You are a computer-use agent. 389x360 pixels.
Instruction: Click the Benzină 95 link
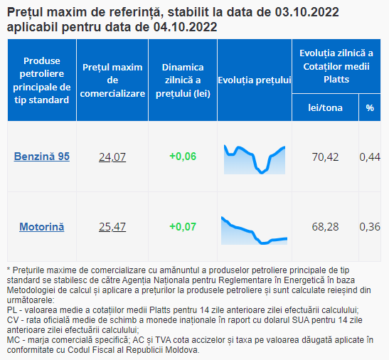point(42,157)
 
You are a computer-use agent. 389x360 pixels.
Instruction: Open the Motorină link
point(42,227)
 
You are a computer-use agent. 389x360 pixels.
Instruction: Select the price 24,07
point(112,157)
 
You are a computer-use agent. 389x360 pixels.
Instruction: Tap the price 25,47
point(112,227)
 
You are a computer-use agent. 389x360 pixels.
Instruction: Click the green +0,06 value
point(183,157)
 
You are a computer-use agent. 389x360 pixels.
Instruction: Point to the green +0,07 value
point(183,227)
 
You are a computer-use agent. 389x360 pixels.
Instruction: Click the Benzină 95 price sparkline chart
point(255,159)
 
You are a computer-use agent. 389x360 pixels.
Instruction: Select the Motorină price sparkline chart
point(255,231)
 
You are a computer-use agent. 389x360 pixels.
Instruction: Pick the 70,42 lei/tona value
point(325,157)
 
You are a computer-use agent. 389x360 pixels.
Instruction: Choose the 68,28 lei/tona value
point(325,227)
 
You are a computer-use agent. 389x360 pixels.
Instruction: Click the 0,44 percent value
point(370,157)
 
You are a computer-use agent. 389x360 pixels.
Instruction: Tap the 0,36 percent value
point(370,227)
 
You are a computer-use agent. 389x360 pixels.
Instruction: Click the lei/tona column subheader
point(325,107)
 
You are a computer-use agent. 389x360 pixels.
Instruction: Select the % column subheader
point(370,107)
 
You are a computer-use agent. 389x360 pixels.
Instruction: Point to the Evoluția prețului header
point(255,80)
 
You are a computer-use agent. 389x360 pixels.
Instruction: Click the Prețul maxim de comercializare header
point(112,80)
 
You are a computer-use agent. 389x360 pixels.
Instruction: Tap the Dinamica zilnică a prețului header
point(183,80)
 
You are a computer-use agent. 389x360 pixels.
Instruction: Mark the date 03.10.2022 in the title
point(307,12)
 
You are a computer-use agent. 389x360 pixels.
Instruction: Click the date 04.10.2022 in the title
point(186,27)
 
